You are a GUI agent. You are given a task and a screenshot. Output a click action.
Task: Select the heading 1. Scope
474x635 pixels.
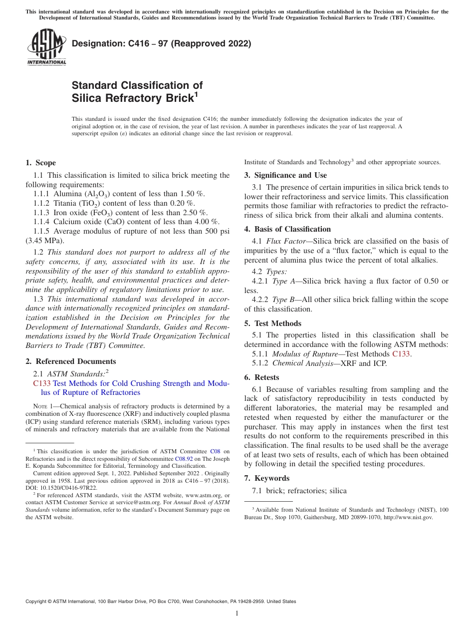tap(40, 163)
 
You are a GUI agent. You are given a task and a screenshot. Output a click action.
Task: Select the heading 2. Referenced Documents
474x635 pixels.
tap(70, 361)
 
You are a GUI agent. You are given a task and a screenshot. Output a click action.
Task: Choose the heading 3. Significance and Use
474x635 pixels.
tap(285, 175)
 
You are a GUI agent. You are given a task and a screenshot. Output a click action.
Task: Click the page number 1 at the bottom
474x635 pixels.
tap(237, 614)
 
